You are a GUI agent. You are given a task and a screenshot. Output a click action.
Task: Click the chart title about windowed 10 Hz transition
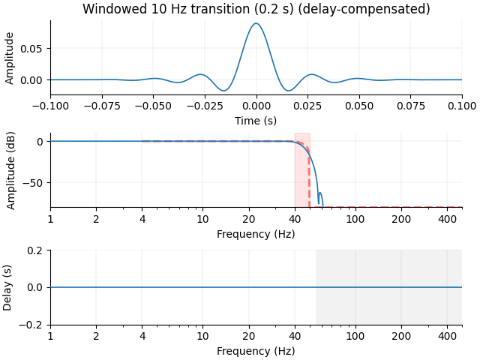click(256, 9)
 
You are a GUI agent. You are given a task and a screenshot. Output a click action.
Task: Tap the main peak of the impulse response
click(256, 24)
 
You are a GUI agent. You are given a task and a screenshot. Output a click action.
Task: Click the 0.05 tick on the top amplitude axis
click(34, 48)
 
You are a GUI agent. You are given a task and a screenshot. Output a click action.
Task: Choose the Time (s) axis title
click(256, 120)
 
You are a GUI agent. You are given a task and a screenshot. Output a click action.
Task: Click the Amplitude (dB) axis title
click(11, 169)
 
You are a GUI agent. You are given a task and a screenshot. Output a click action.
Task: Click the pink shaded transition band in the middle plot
click(301, 172)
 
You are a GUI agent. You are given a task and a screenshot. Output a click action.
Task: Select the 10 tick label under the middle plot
click(202, 219)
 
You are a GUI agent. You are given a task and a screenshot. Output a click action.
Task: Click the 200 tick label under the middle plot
click(401, 219)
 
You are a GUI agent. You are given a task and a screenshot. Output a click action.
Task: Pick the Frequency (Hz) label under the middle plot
click(256, 233)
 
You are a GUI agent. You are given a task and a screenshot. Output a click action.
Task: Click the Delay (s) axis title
click(8, 287)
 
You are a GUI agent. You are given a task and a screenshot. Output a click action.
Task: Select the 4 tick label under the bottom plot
click(142, 337)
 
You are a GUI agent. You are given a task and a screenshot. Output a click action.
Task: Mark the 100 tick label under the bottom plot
click(355, 337)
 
